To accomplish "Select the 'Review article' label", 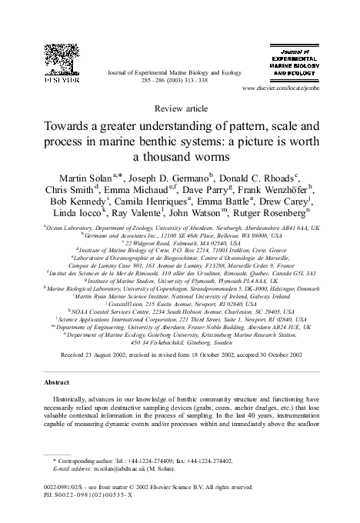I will [x=179, y=110].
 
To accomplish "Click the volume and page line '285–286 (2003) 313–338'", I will [x=179, y=81].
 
